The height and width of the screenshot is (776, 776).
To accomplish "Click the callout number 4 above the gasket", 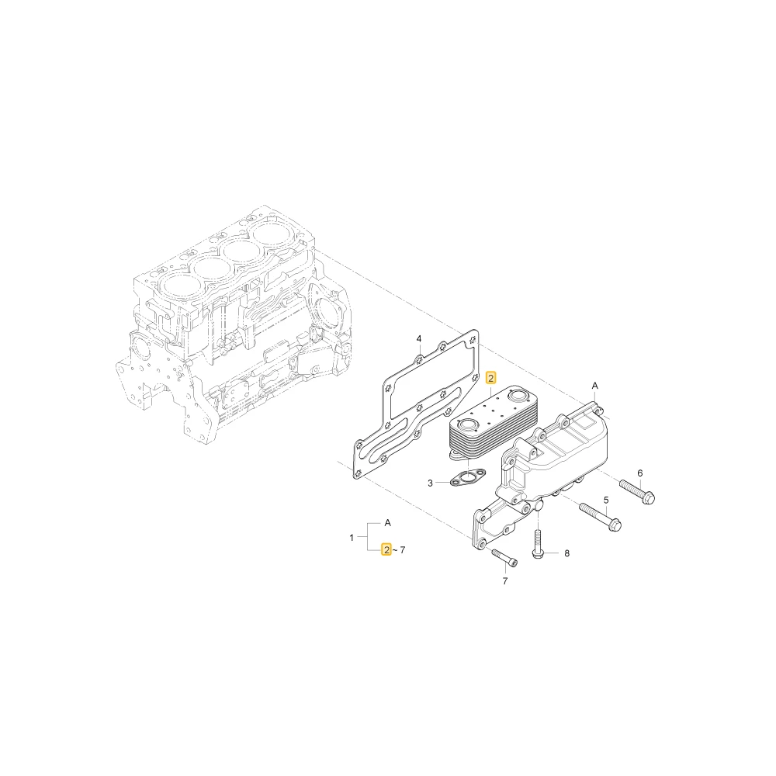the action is [419, 339].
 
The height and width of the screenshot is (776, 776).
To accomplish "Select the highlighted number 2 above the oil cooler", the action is [490, 379].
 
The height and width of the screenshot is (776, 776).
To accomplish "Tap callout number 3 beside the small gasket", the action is [430, 483].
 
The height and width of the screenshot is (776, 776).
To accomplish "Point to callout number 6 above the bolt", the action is [640, 473].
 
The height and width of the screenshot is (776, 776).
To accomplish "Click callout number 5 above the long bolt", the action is [606, 501].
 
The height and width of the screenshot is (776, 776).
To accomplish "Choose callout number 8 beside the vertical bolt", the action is [566, 553].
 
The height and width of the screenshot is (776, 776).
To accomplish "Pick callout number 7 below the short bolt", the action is [505, 581].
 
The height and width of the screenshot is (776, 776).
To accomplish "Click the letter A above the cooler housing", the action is [595, 386].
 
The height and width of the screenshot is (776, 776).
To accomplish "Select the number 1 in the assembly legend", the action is [352, 538].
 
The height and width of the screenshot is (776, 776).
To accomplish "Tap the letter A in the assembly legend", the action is [387, 522].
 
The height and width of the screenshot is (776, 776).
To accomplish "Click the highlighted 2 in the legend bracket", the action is [386, 549].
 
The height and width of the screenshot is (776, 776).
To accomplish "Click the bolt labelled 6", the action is [636, 491].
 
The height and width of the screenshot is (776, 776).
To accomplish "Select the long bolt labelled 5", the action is [600, 516].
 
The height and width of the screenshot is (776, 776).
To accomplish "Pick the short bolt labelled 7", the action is [505, 556].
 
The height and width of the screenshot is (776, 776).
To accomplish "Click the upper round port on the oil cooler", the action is [516, 396].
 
